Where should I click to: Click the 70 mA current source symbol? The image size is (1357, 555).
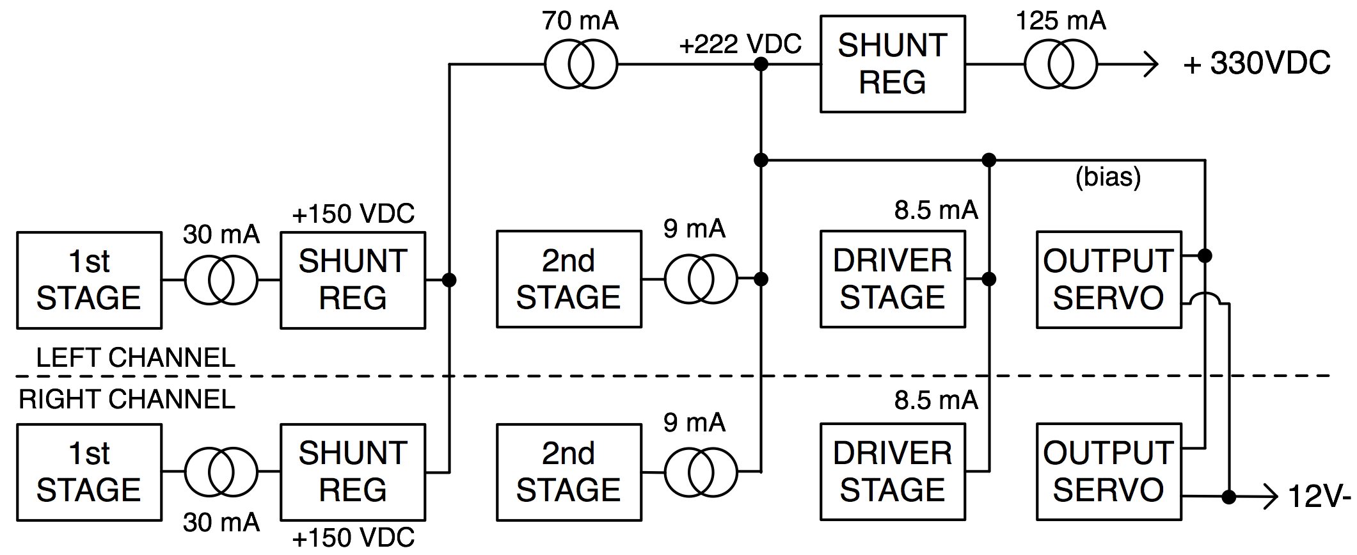(x=581, y=65)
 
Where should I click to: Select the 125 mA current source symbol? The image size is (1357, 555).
(x=1060, y=65)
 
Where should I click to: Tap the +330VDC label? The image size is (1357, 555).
(x=1257, y=64)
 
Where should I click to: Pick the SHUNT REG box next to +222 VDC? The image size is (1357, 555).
(x=893, y=64)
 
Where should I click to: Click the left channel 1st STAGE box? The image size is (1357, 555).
(x=89, y=280)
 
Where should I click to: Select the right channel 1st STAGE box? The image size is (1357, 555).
(x=89, y=472)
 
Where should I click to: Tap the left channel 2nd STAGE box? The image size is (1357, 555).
(x=569, y=279)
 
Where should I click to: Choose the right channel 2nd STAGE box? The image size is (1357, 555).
(x=569, y=472)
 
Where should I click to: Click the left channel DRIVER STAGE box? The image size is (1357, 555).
(x=893, y=279)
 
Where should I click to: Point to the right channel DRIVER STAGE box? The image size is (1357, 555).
(x=893, y=472)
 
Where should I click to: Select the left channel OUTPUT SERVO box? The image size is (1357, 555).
(x=1108, y=280)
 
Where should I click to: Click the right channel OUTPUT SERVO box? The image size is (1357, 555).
(x=1108, y=472)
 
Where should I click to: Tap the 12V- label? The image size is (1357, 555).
(x=1319, y=497)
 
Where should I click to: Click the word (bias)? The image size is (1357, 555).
(x=1108, y=177)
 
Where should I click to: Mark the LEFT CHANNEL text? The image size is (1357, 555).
(x=136, y=357)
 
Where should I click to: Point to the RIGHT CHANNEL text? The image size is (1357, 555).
(x=127, y=399)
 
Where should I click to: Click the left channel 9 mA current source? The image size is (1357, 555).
(x=701, y=279)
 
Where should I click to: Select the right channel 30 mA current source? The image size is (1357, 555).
(x=221, y=472)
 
